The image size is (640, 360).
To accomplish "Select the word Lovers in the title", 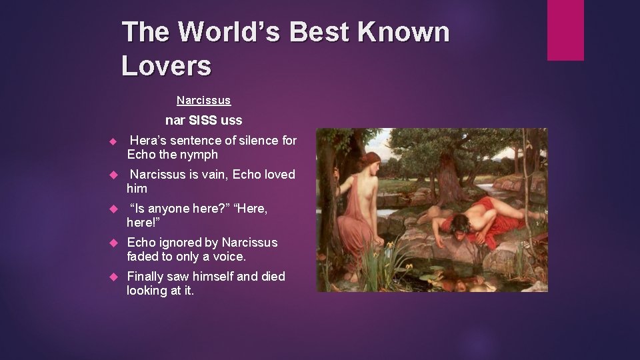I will click(167, 65).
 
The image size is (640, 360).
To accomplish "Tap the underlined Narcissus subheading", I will click(203, 101).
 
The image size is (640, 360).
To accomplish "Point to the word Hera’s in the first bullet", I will click(148, 140).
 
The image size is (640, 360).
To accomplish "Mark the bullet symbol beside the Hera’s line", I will click(113, 141).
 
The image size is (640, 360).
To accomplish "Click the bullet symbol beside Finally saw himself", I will click(113, 277).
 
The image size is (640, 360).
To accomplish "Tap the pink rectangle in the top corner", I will click(565, 30).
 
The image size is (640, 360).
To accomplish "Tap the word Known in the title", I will click(401, 31).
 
